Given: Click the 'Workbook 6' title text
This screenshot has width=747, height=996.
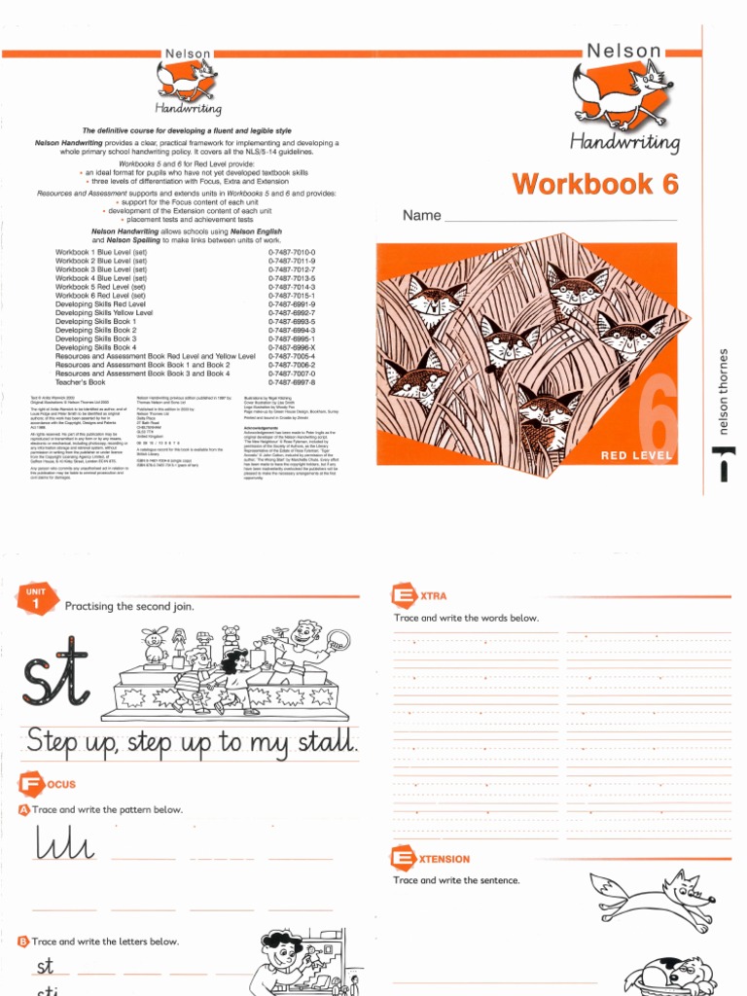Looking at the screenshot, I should point(595,183).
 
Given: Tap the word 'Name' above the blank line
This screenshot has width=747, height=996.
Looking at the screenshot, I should point(422,215).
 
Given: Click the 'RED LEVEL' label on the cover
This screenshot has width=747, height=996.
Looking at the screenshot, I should point(637,455).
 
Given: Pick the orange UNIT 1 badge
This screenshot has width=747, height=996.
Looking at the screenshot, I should point(35,599).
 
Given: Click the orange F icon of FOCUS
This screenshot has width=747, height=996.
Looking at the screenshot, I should point(29,784).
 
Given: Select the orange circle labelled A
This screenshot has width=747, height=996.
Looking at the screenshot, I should point(23,809).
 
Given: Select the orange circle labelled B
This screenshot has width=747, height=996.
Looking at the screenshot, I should point(23,942).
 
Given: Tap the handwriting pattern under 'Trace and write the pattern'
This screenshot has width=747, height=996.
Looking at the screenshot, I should point(64,844).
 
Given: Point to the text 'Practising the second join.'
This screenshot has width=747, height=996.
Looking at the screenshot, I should point(129,606).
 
